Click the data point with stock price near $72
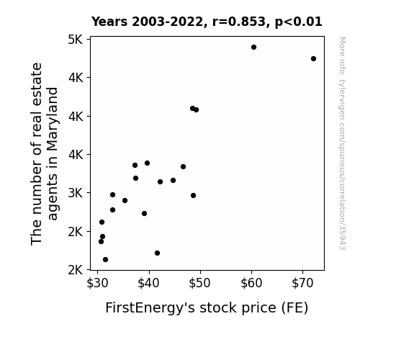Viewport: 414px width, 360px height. tap(313, 58)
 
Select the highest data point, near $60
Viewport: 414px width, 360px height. tap(253, 48)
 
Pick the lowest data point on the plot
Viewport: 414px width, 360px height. tap(105, 260)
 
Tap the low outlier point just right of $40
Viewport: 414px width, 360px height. tap(158, 253)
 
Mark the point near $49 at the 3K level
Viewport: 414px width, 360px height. tap(193, 195)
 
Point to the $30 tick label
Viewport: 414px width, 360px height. tap(97, 283)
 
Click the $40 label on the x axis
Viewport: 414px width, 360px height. tap(148, 283)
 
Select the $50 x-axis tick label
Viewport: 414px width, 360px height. tap(200, 283)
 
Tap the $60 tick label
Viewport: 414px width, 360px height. tap(251, 283)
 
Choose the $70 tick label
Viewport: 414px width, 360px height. tap(302, 283)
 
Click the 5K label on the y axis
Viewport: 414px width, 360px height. tap(76, 40)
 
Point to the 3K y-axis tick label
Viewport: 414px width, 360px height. tap(76, 194)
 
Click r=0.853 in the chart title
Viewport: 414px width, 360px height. tap(239, 22)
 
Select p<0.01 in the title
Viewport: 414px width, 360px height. tap(299, 22)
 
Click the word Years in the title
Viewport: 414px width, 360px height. tap(109, 22)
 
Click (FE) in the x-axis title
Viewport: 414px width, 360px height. tap(294, 308)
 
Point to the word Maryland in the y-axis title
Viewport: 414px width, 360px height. tap(53, 119)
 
